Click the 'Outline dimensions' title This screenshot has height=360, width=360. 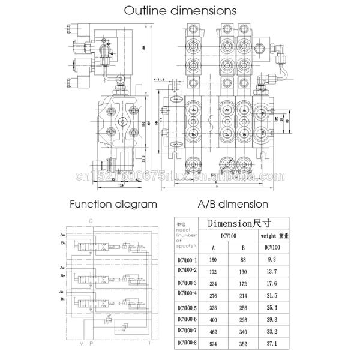click(x=179, y=11)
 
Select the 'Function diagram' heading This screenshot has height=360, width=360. click(x=113, y=203)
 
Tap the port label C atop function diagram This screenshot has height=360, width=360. click(x=90, y=221)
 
